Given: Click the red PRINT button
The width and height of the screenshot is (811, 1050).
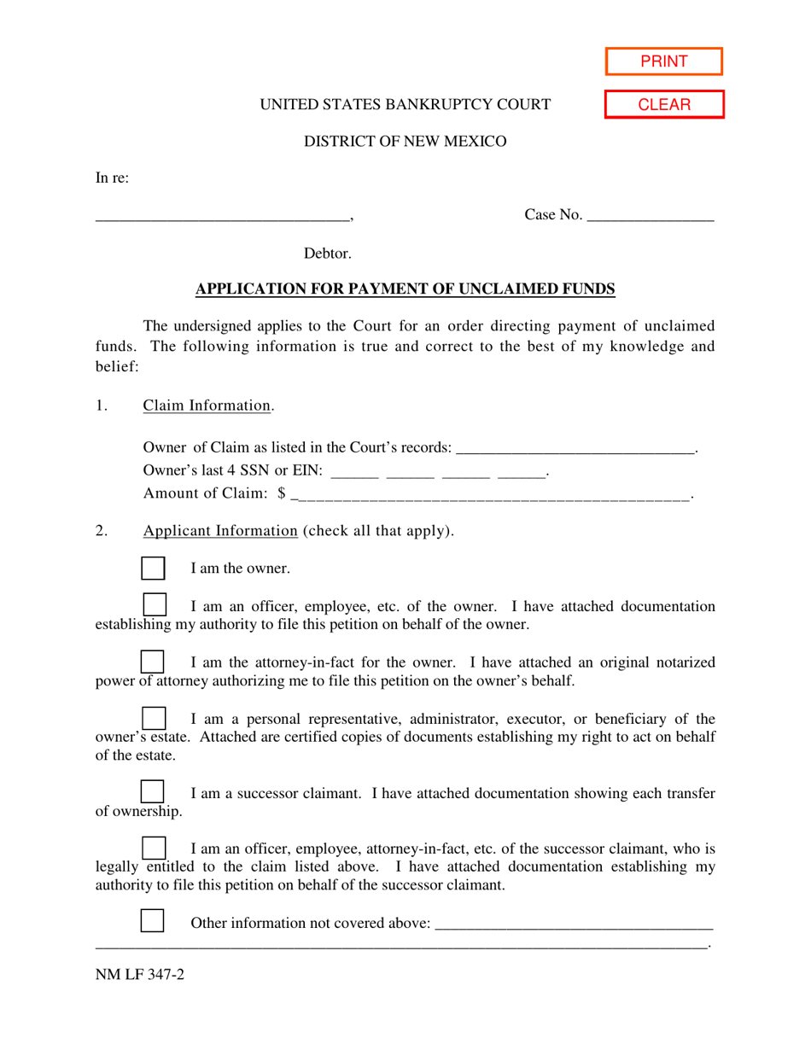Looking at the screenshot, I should point(664,61).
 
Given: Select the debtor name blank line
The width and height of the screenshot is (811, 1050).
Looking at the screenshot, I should point(223,217).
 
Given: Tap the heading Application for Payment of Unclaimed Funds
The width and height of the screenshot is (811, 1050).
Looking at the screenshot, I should point(405,289).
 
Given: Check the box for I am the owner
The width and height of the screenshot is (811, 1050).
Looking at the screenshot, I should point(152,568).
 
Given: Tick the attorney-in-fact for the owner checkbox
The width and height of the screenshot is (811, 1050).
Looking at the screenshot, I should point(152,662).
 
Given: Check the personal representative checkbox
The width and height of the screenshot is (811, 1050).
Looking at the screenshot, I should point(153,719).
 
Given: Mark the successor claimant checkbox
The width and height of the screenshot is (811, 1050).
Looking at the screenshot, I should point(152,792).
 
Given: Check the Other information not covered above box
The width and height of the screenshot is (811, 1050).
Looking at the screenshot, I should point(152,922).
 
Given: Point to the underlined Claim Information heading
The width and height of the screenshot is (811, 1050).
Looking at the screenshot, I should point(207,405).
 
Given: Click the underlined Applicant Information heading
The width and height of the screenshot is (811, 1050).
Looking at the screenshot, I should point(219,530).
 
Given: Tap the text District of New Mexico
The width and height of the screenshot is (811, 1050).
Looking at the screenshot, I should point(405,142).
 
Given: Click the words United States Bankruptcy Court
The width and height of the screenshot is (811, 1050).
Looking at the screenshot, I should point(405,105).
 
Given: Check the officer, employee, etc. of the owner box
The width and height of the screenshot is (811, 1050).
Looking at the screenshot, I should point(154,604).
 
